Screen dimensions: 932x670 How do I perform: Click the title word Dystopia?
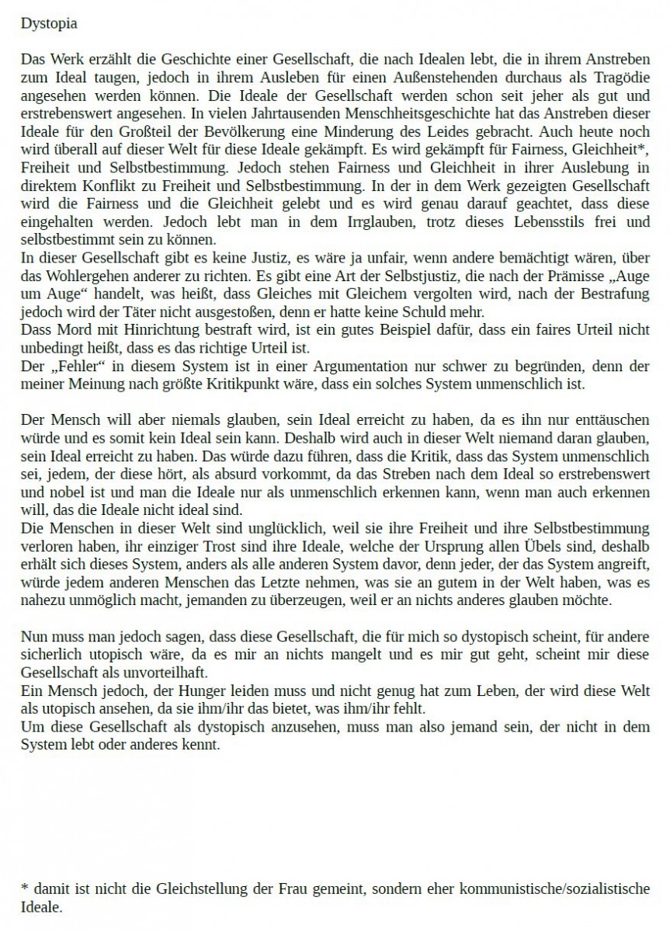pyautogui.click(x=48, y=23)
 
